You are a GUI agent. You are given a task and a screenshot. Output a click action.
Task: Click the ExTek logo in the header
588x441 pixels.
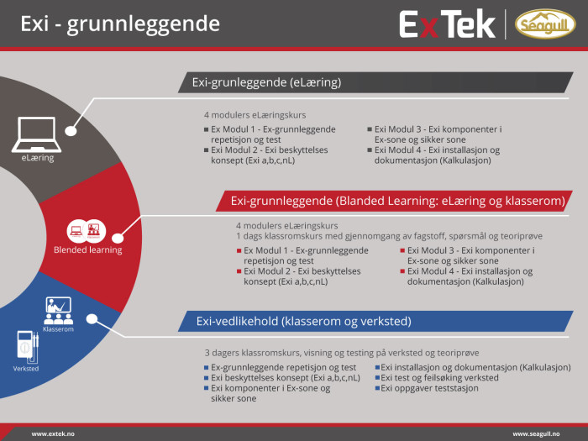(x=448, y=24)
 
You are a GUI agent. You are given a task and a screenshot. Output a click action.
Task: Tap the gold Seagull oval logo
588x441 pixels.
(x=545, y=24)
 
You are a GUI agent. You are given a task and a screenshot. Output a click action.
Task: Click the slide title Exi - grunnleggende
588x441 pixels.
(x=120, y=24)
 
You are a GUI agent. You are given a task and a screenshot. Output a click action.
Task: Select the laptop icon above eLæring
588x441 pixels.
(x=36, y=134)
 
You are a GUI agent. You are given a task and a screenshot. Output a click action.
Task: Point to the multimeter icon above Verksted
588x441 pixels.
(x=28, y=347)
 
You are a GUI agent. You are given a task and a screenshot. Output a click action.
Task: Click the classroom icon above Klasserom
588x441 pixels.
(x=58, y=311)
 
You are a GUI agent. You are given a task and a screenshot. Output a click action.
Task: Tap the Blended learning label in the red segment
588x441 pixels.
(x=87, y=250)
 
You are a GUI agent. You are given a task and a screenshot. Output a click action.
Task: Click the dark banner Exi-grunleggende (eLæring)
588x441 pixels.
(x=375, y=82)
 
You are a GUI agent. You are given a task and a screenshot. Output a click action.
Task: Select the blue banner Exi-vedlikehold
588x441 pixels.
(x=375, y=321)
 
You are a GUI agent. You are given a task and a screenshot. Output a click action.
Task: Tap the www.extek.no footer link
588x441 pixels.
(x=53, y=434)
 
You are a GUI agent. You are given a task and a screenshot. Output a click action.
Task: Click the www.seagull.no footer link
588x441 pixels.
(x=536, y=434)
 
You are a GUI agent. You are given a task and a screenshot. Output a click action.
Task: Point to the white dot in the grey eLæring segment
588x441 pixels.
(x=71, y=131)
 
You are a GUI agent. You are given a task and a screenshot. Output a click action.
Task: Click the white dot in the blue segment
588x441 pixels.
(x=92, y=318)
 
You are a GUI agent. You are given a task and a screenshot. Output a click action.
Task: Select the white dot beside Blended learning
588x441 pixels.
(x=118, y=238)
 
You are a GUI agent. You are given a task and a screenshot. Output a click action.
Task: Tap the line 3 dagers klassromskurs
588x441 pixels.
(x=342, y=353)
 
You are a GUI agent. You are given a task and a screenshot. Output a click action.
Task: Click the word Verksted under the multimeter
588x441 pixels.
(x=26, y=369)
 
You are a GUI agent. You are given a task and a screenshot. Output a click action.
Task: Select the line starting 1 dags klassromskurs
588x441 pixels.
(x=389, y=236)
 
